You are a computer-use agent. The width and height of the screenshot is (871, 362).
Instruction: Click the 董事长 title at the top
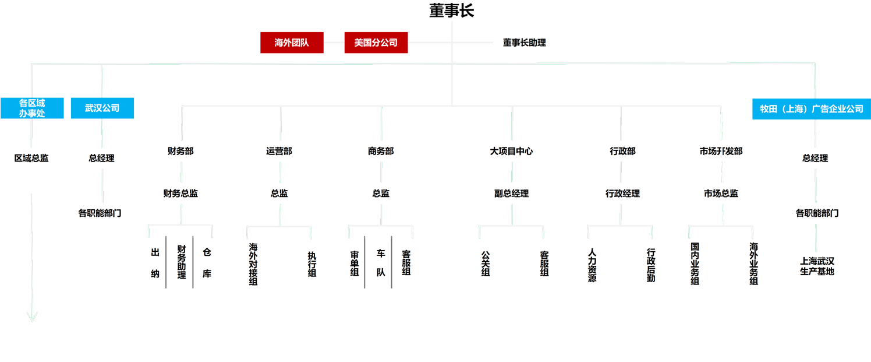pos(451,10)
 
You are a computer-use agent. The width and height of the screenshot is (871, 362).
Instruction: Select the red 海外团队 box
pos(292,43)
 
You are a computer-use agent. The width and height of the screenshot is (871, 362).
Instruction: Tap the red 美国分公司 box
pos(376,43)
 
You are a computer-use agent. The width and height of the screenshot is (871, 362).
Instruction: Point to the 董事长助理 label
pos(524,43)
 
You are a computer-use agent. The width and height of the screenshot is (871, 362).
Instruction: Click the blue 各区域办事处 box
pos(32,108)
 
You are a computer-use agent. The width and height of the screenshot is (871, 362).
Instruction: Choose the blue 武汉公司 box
pos(102,108)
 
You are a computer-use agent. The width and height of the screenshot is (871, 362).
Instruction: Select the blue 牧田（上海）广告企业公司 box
pos(812,108)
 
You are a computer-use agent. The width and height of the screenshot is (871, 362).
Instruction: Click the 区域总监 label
pos(31,158)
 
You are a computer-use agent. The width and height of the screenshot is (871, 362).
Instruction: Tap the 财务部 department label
pos(180,151)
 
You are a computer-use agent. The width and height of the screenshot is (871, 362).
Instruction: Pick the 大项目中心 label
pos(511,151)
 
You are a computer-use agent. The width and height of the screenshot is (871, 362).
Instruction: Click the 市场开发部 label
pos(721,151)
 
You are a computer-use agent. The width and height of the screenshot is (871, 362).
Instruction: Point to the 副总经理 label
pos(511,194)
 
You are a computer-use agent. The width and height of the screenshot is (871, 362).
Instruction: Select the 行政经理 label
pos(622,194)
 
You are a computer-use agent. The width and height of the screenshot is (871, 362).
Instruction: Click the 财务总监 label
pos(180,194)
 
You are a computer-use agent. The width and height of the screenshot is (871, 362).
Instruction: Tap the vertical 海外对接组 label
pos(253,264)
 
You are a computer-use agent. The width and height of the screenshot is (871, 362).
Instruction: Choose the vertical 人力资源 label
pos(592,265)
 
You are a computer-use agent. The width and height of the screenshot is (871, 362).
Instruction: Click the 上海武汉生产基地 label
pos(817,266)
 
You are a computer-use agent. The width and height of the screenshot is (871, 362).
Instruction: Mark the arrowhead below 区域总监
pos(32,317)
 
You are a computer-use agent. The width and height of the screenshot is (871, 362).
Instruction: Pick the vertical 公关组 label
pos(485,263)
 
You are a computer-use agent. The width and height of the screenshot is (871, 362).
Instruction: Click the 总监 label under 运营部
pos(279,194)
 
